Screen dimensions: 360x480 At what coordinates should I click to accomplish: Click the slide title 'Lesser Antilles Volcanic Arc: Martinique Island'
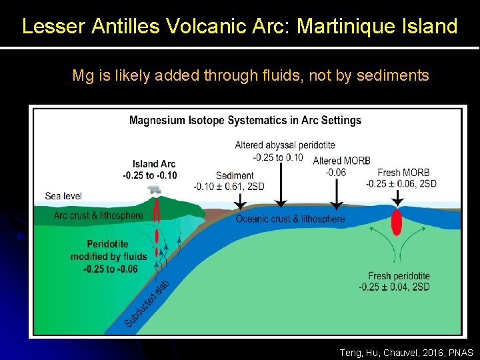point(239,27)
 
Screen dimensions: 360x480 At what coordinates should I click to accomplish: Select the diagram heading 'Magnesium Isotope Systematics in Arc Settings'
point(245,121)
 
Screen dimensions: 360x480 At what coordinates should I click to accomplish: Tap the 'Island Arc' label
point(154,164)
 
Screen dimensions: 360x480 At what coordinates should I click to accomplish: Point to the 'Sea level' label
point(63,196)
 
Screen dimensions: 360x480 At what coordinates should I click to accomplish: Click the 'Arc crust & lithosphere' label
point(98,215)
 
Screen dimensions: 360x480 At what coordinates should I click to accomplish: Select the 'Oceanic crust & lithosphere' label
point(290,219)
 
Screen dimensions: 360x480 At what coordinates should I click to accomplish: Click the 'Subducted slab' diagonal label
point(147,304)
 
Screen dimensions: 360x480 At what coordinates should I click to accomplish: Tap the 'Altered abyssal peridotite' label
point(285,145)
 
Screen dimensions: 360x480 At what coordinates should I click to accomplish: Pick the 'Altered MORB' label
point(341,161)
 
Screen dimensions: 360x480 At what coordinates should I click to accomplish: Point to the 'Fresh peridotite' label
point(399,276)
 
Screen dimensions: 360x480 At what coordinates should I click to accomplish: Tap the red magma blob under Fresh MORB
point(397,221)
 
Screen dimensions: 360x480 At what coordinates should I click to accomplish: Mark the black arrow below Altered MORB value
point(337,193)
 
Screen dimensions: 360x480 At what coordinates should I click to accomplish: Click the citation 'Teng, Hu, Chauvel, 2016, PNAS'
point(406,352)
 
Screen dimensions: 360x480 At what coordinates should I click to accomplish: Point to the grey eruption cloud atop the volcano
point(155,189)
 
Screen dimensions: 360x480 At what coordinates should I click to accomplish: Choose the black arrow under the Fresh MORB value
point(397,198)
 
